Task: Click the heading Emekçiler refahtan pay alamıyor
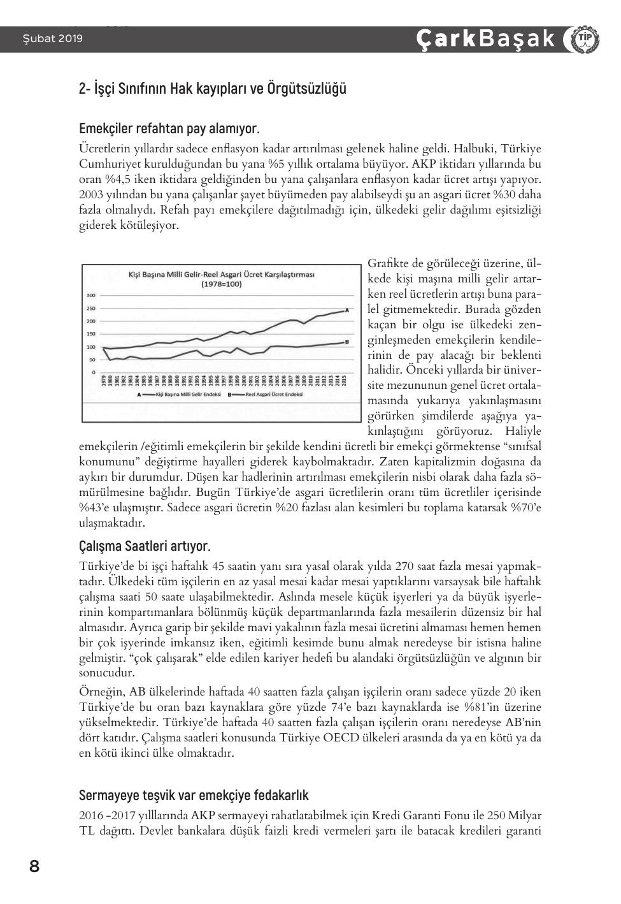[x=169, y=129]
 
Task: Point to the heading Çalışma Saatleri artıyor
[x=145, y=546]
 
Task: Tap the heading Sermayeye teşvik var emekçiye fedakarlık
[x=194, y=795]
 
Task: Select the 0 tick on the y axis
[x=94, y=372]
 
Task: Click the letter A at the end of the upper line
[x=346, y=310]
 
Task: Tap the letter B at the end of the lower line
[x=346, y=342]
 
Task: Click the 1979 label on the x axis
[x=103, y=383]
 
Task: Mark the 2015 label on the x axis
[x=345, y=383]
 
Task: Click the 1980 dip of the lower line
[x=110, y=360]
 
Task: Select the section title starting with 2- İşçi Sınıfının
[x=213, y=89]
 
